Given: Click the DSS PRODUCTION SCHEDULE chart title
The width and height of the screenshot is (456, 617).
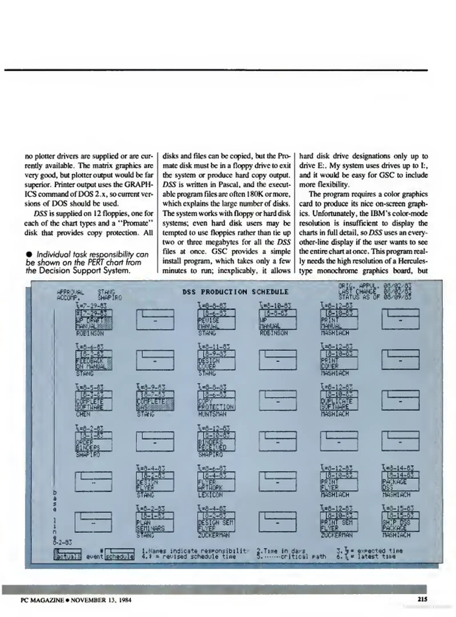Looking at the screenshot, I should [235, 292].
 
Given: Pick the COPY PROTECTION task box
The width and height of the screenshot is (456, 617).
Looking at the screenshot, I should [216, 401].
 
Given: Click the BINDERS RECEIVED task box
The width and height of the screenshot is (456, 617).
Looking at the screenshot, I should [216, 441].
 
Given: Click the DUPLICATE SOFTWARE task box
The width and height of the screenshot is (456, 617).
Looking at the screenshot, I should [339, 401].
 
